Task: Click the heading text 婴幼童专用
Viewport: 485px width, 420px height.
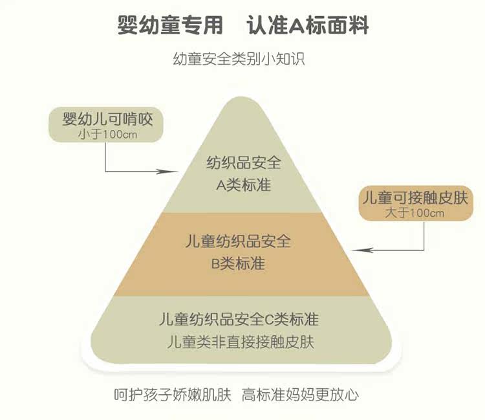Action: pos(170,25)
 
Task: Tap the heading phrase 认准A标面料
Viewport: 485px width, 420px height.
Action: pos(308,25)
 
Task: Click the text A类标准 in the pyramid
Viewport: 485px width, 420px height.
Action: pos(243,185)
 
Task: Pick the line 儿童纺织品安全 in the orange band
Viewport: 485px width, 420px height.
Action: pos(238,242)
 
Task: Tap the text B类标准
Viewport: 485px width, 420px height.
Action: pos(238,264)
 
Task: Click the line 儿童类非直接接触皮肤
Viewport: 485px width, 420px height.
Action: pos(240,342)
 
